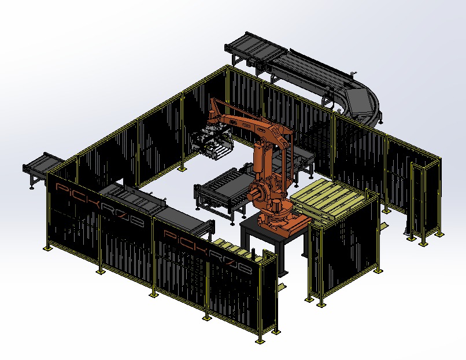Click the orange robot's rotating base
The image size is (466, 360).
click(x=284, y=220)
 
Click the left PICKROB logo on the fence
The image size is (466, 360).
click(x=99, y=205)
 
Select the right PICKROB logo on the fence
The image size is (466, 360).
click(x=208, y=253)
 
